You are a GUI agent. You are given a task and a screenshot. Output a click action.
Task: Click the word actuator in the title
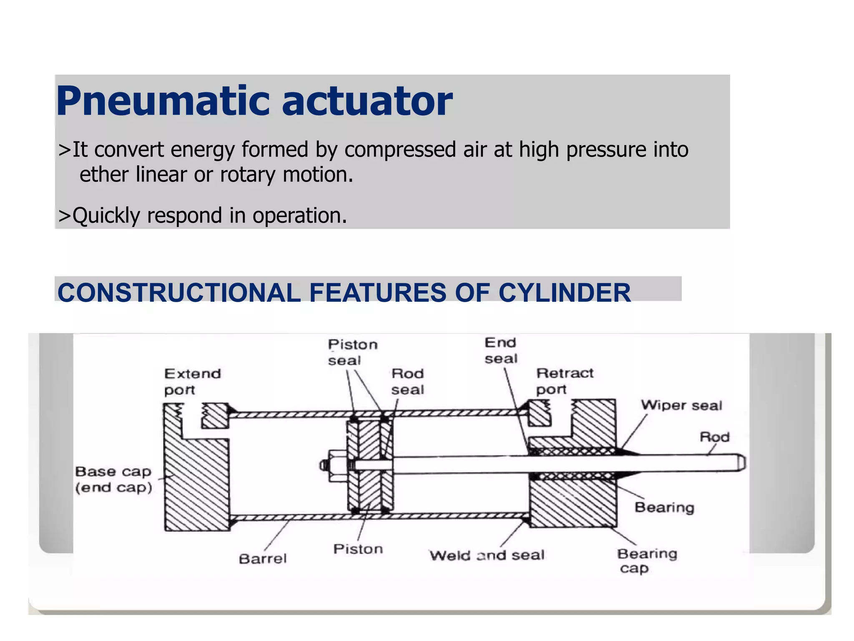click(367, 101)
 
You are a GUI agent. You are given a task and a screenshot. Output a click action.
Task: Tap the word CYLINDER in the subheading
click(565, 293)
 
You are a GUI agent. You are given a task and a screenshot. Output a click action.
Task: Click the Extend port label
click(192, 381)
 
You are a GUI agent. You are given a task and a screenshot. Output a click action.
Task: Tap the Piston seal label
click(352, 353)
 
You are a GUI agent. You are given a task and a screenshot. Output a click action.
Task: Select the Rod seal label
click(407, 381)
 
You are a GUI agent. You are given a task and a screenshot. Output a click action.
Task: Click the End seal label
click(501, 351)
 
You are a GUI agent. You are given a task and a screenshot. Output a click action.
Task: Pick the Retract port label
click(564, 381)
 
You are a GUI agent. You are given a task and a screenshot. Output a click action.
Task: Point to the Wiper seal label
click(681, 405)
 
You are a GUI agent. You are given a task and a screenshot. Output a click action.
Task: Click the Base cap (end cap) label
click(113, 479)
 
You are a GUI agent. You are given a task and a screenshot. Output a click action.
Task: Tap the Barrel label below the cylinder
click(263, 558)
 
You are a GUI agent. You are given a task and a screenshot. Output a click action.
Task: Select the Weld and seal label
click(487, 555)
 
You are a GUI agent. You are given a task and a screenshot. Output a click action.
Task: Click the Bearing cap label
click(646, 560)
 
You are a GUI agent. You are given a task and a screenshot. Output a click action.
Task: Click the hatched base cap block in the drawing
click(196, 484)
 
